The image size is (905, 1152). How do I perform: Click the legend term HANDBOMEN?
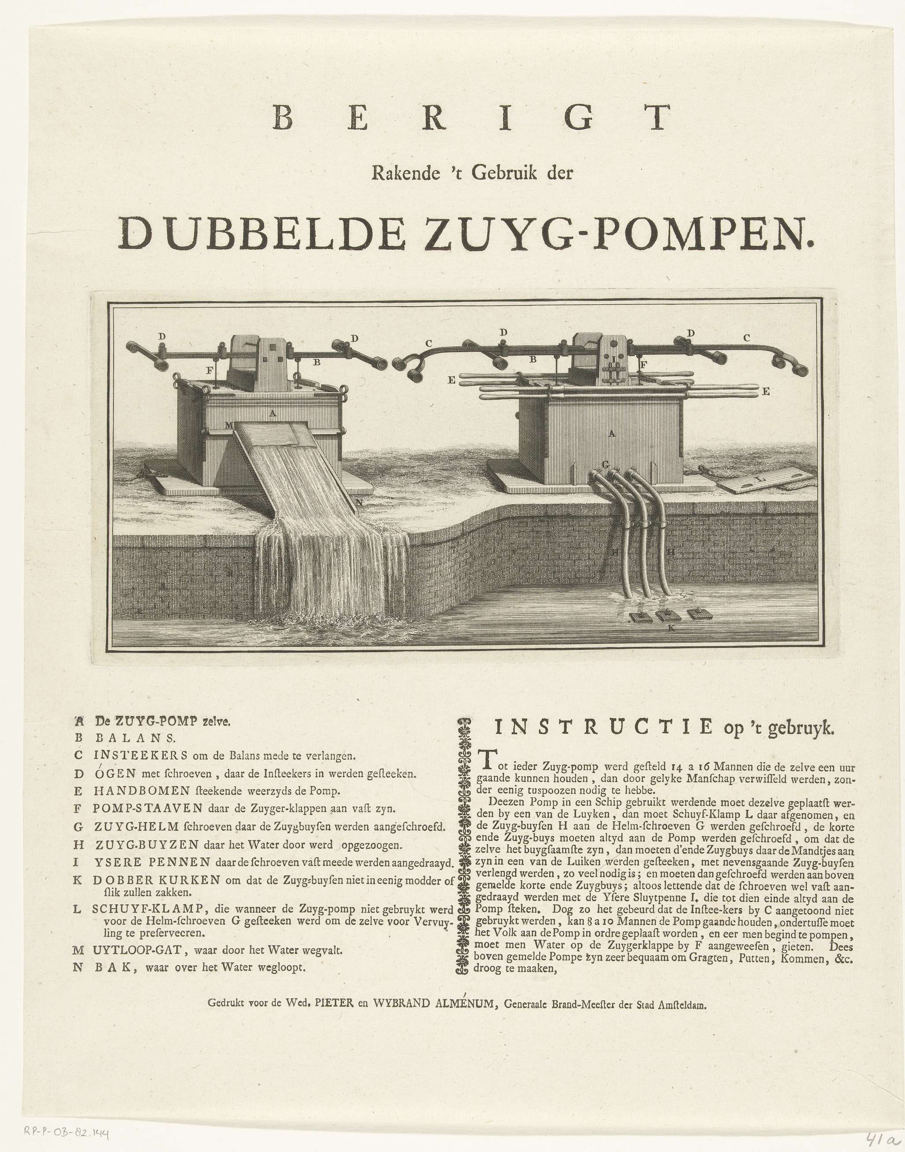point(141,792)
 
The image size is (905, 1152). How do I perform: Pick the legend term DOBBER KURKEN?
point(157,880)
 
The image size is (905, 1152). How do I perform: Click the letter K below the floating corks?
point(671,628)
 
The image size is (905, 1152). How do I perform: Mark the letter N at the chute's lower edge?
point(359,501)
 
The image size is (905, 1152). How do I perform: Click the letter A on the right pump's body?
point(612,433)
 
